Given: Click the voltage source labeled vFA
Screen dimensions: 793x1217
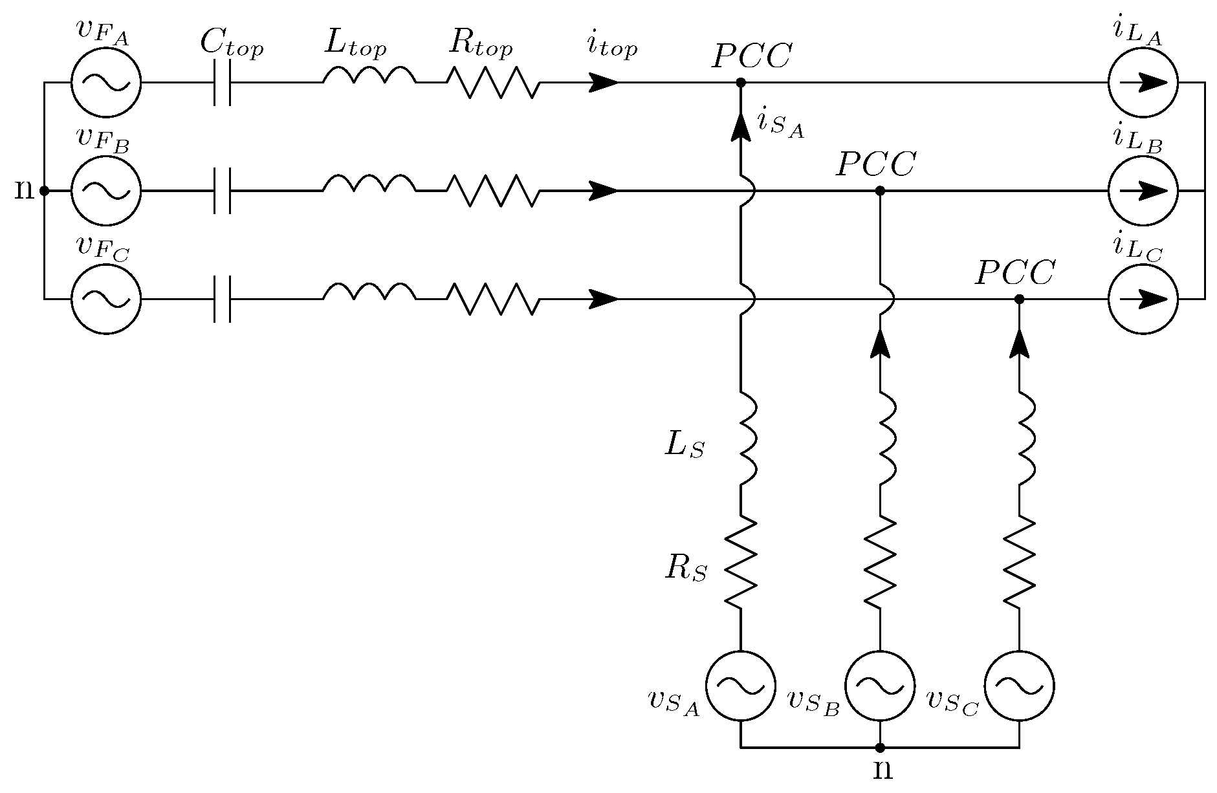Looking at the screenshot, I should point(105,83).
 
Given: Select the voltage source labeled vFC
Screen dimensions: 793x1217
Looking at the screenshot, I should point(105,299).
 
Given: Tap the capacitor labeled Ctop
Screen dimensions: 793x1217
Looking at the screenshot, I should point(222,83).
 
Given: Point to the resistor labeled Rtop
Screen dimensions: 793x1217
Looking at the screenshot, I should point(492,83).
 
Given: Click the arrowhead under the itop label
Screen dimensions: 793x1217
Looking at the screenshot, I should point(604,83).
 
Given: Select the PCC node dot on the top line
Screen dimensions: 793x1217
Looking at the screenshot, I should point(741,83).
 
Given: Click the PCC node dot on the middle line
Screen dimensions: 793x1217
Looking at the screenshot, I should point(880,191).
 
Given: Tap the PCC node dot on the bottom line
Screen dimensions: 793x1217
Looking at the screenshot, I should point(1019,299).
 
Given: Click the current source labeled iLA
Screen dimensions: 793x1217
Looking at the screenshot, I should point(1143,83).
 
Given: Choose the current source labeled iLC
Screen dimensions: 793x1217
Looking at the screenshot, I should point(1143,299).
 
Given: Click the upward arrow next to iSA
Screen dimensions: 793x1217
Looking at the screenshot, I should point(741,126).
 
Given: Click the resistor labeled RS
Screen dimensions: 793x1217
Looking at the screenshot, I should point(741,561).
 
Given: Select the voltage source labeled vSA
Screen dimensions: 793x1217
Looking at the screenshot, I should point(740,685).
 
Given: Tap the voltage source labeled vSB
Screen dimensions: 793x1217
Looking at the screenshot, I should point(880,685).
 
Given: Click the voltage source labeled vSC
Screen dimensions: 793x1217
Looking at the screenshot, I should point(1019,685).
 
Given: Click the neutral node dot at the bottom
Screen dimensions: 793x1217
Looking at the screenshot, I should point(880,748).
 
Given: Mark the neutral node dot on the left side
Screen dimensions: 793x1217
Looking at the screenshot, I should point(44,191).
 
